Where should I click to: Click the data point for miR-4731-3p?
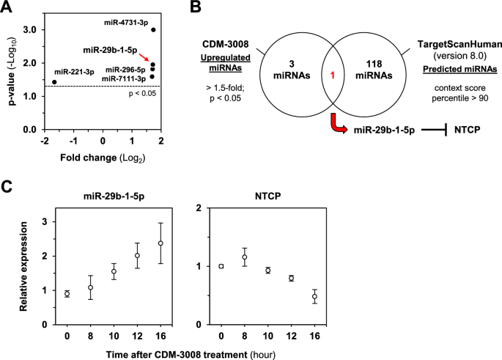tap(153, 29)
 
